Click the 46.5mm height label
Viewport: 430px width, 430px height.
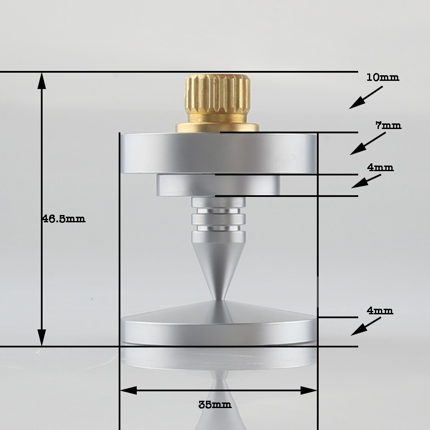coord(64,218)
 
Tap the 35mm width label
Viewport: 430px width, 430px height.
coord(215,405)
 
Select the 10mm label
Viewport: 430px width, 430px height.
coord(383,77)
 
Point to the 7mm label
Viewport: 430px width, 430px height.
coord(388,126)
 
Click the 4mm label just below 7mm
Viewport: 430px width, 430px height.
coord(380,167)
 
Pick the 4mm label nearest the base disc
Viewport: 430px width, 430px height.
coord(380,310)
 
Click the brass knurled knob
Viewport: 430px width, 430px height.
coord(218,97)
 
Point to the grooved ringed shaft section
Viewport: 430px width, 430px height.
coord(218,215)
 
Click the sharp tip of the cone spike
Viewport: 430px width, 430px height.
coord(218,298)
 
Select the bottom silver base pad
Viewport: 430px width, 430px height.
coord(218,329)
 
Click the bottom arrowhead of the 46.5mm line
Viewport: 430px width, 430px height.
coord(42,339)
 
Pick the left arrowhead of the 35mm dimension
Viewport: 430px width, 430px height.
coord(127,390)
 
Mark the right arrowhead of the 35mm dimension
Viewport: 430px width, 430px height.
coord(310,390)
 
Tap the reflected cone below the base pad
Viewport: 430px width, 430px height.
coord(219,404)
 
